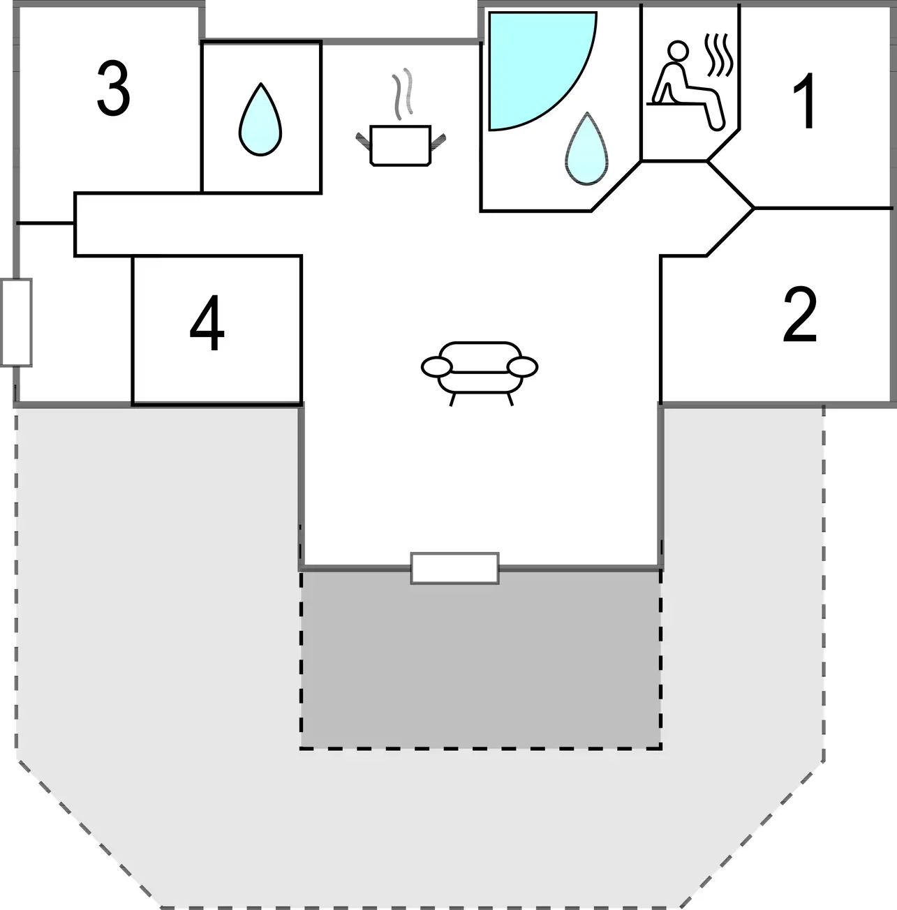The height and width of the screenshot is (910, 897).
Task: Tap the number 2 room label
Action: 799,316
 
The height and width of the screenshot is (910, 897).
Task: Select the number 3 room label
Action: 113,89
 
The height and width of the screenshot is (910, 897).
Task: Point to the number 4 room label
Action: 207,325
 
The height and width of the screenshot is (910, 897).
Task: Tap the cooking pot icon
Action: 399,145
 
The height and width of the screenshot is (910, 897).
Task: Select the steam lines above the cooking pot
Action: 401,94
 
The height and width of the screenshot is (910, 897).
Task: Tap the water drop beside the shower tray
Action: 586,150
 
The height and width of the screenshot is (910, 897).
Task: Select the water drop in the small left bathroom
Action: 260,120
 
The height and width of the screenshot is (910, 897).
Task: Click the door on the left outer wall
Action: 16,322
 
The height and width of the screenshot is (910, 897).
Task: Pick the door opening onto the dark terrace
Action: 454,568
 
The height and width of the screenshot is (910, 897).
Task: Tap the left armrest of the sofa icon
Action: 437,366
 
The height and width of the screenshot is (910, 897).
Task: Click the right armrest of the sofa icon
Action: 522,366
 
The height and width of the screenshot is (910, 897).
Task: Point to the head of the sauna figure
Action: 676,51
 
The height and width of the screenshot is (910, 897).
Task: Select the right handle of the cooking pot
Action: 437,140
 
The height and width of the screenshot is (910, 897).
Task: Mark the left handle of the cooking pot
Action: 362,140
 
